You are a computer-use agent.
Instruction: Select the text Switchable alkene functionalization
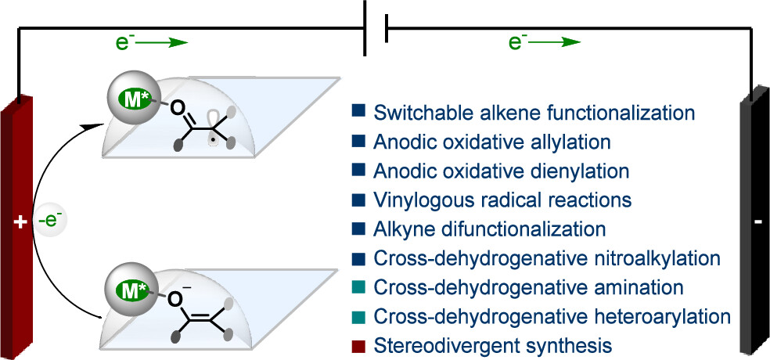(x=534, y=113)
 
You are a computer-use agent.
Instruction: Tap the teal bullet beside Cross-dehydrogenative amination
(x=358, y=287)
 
